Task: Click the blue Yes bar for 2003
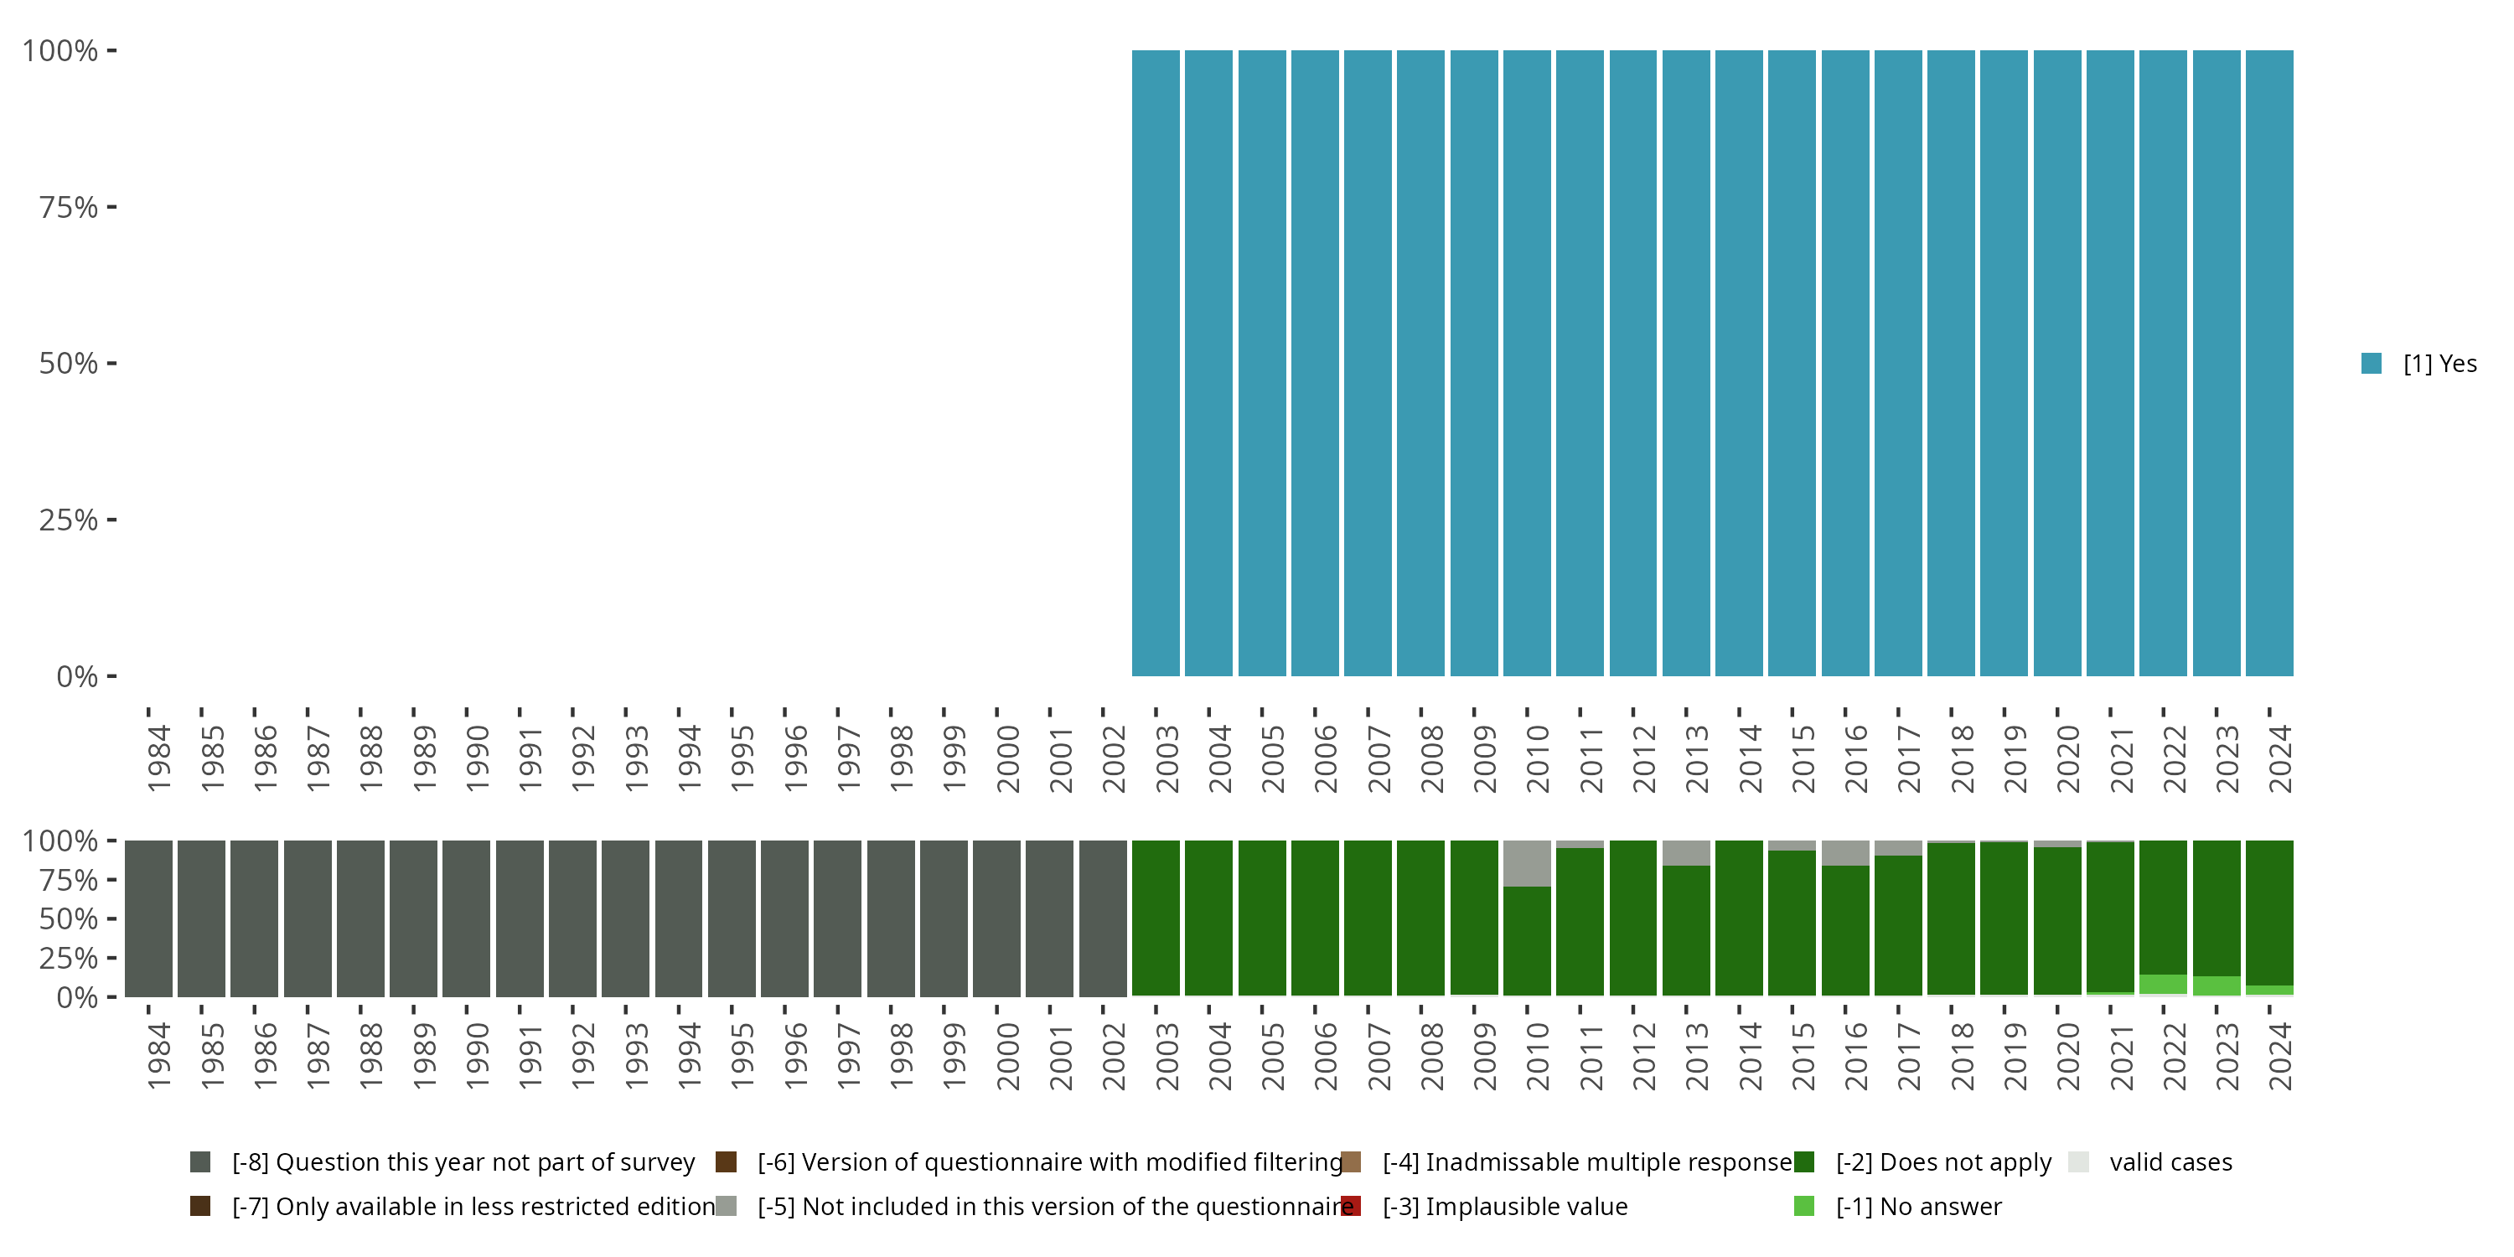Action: point(1156,363)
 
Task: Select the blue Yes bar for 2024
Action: point(2269,363)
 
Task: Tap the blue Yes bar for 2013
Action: point(1685,363)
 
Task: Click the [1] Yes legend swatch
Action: point(2372,364)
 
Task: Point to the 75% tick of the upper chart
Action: point(111,207)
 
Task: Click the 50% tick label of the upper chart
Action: point(69,364)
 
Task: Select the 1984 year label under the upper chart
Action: point(159,758)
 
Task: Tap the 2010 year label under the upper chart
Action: point(1537,758)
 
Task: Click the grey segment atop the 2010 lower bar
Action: point(1526,864)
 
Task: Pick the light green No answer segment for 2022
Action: point(2163,984)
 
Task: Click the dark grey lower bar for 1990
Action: point(467,918)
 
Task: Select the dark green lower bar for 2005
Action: point(1262,918)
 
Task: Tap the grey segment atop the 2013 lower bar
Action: point(1685,853)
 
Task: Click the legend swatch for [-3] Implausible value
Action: point(1351,1206)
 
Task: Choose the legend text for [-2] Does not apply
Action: point(1943,1162)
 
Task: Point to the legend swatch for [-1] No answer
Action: point(1803,1206)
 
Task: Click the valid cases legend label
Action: point(2170,1162)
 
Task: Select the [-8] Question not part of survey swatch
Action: point(200,1162)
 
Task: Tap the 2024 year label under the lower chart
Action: point(2279,1056)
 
